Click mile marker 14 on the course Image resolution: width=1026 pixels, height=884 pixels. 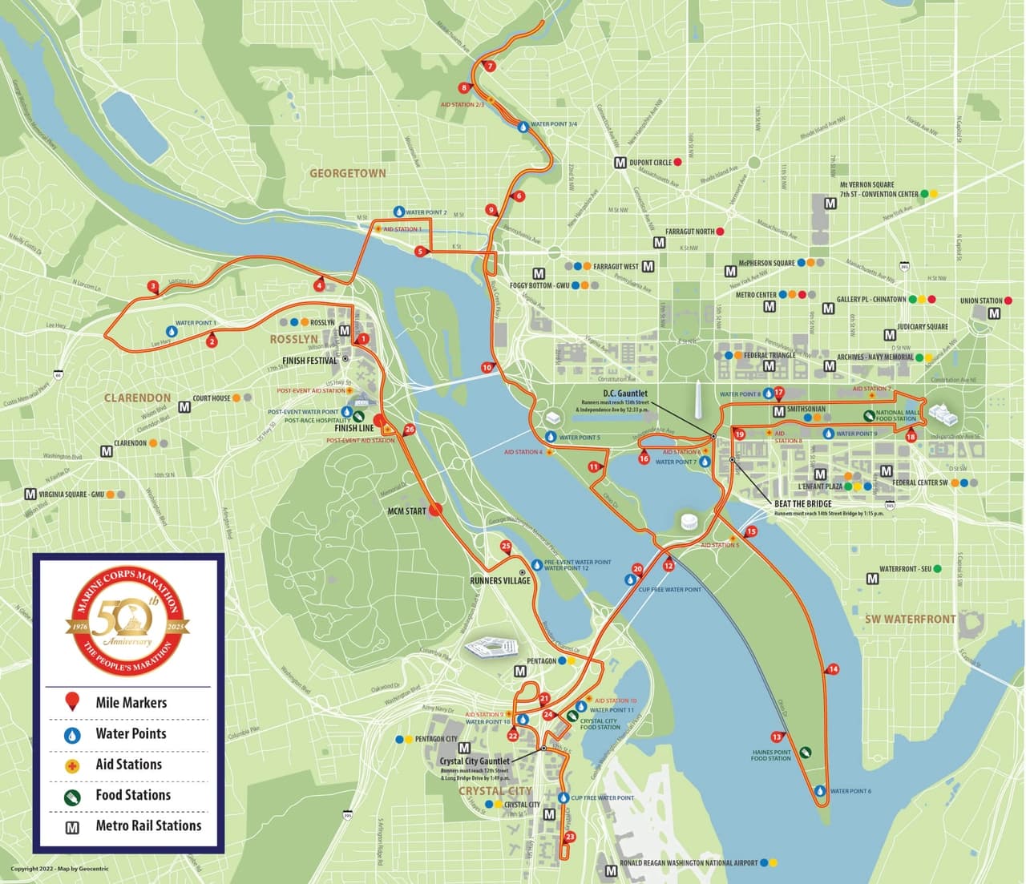[834, 668]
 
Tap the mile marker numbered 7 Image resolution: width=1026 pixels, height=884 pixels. [490, 67]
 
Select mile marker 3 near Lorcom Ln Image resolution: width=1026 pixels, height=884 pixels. [152, 286]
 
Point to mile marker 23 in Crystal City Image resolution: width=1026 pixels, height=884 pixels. [570, 837]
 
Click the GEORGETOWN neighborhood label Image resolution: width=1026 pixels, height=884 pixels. [348, 173]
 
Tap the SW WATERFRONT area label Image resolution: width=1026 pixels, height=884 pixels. [910, 619]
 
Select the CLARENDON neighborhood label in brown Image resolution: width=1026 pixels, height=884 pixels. [137, 398]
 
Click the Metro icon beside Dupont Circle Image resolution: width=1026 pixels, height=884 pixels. [620, 163]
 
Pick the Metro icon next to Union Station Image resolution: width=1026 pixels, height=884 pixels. [994, 313]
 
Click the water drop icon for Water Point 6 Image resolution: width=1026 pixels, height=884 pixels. [820, 791]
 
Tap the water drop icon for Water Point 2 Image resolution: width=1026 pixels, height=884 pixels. [398, 212]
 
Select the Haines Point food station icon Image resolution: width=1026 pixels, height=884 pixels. [805, 752]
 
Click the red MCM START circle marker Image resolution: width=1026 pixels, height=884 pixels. [436, 508]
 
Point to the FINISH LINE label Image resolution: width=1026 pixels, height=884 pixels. [353, 428]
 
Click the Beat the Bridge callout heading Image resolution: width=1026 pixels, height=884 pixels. [802, 504]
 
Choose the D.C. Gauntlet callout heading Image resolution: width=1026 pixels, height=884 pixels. [625, 394]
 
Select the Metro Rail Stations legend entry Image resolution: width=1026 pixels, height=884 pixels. [148, 825]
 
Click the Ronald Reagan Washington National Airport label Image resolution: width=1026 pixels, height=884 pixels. [689, 863]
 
